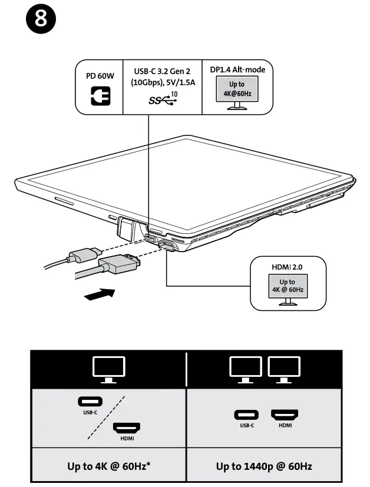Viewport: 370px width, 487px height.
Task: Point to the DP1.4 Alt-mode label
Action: tap(237, 69)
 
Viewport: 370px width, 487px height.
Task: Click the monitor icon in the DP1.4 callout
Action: tap(237, 92)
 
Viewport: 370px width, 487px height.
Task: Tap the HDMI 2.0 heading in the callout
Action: tap(288, 267)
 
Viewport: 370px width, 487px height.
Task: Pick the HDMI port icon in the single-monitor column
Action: tap(127, 430)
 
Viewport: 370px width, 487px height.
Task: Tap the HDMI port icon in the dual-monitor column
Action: tap(284, 415)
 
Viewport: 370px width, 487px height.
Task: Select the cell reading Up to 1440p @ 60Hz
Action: tap(264, 466)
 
